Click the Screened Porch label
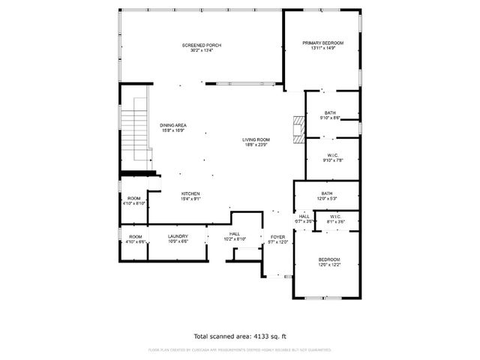(x=202, y=45)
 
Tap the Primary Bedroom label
(x=322, y=43)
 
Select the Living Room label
(x=256, y=140)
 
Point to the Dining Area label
(x=173, y=125)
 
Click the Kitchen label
(x=190, y=193)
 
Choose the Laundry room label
(x=178, y=236)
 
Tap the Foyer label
(x=277, y=236)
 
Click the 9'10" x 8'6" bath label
(x=330, y=112)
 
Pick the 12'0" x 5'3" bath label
(x=327, y=193)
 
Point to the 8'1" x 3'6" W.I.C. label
(x=335, y=218)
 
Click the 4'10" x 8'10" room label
(x=133, y=199)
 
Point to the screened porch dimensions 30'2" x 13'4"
(x=202, y=51)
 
